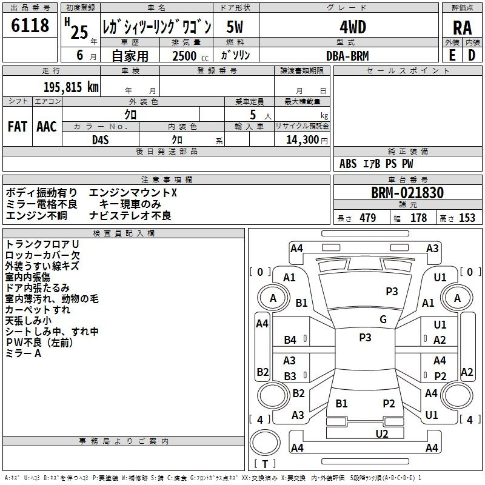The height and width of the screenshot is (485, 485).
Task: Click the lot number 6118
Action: tap(30, 25)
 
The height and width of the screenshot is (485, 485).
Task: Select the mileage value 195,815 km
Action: tap(71, 87)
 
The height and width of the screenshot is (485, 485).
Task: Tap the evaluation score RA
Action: tap(462, 28)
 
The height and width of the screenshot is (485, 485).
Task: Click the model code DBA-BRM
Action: tap(347, 56)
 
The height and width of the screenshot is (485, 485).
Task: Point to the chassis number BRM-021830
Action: tap(407, 193)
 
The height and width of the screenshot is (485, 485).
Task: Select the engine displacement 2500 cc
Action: tap(190, 56)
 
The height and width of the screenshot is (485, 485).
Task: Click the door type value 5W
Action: tap(235, 27)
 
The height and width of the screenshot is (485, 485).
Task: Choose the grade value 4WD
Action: tap(353, 27)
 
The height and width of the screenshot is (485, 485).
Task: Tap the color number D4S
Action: tap(101, 140)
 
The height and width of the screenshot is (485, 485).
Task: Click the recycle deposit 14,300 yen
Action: tap(307, 140)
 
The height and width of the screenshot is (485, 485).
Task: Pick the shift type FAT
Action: tap(18, 127)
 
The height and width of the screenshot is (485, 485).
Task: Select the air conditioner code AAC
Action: tap(47, 127)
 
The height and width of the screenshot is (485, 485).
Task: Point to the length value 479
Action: tap(368, 218)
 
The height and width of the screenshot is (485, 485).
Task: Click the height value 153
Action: tap(467, 218)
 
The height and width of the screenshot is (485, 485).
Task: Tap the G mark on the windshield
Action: tap(383, 319)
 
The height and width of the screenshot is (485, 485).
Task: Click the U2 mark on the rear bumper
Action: tap(382, 434)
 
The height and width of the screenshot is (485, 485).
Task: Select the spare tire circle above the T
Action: tap(265, 443)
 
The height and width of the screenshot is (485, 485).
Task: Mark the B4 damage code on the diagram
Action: tap(290, 340)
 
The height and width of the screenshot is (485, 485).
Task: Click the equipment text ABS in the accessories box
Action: tap(348, 164)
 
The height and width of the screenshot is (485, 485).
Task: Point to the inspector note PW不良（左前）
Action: tap(39, 343)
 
